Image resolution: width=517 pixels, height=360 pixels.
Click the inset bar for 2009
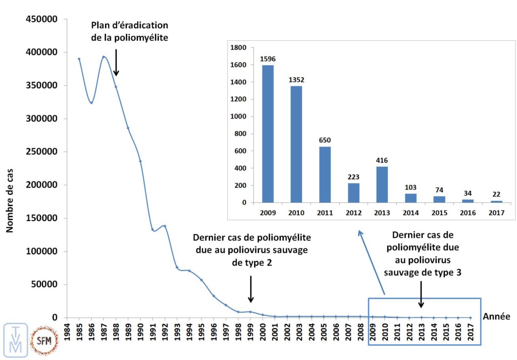point(267,134)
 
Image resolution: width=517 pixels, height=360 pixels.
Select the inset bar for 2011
point(325,175)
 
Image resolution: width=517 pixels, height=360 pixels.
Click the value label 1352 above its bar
point(296,79)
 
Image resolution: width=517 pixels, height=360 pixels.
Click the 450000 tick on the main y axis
point(42,19)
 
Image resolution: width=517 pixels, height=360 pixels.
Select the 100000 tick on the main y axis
point(42,251)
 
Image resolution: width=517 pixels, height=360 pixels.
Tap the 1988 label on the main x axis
point(116,332)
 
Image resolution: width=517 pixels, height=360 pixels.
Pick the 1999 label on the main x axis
point(250,332)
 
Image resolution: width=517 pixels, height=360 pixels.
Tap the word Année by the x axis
point(496,317)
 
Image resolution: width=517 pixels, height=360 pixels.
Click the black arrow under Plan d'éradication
point(116,63)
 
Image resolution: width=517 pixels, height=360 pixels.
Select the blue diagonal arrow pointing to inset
point(372,263)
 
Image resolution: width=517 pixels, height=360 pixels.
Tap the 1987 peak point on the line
point(104,57)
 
